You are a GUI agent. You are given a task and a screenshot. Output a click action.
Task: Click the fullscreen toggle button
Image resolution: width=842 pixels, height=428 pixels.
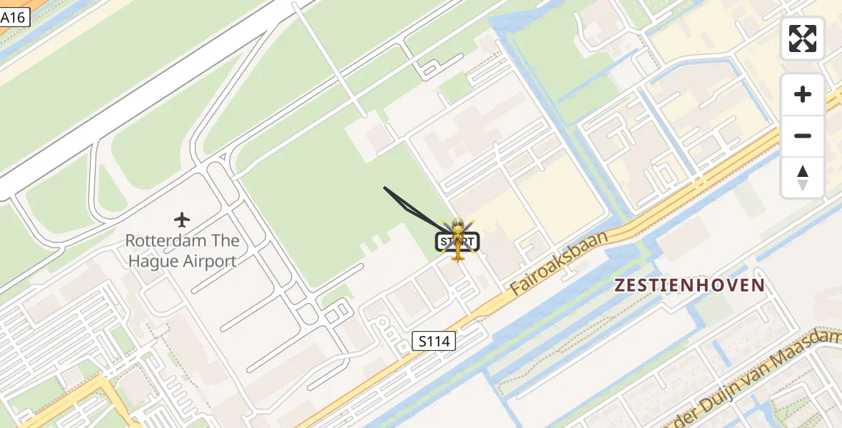(x=803, y=39)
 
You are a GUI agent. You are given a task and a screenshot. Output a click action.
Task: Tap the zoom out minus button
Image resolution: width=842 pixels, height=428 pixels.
(x=803, y=136)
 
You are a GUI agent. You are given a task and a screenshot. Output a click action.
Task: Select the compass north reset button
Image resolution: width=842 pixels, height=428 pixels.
(x=803, y=177)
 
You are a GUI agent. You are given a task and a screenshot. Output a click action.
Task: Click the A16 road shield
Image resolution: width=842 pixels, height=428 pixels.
(x=14, y=17)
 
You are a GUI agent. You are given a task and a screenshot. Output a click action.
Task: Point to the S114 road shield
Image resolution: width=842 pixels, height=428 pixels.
(x=434, y=341)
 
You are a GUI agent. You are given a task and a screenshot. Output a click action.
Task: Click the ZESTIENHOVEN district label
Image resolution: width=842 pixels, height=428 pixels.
(x=689, y=285)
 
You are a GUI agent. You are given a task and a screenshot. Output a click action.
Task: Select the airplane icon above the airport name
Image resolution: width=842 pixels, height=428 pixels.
(x=182, y=219)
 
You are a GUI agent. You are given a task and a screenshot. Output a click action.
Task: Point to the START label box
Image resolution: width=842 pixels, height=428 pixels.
(x=457, y=242)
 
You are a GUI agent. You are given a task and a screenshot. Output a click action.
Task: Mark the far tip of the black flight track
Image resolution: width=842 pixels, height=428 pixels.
(x=385, y=188)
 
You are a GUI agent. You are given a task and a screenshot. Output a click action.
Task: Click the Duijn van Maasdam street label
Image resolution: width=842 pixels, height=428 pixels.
(x=756, y=372)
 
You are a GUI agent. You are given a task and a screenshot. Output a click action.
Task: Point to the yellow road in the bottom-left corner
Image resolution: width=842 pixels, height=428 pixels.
(x=93, y=389)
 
